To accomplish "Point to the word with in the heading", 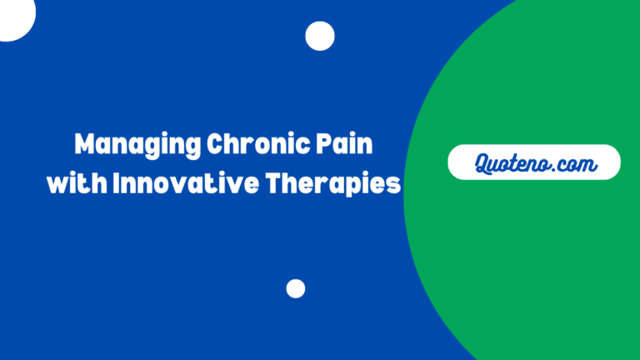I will tap(76, 183).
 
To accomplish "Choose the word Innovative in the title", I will tap(179, 183).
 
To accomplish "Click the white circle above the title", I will tap(319, 36).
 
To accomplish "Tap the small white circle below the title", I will tap(296, 288).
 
